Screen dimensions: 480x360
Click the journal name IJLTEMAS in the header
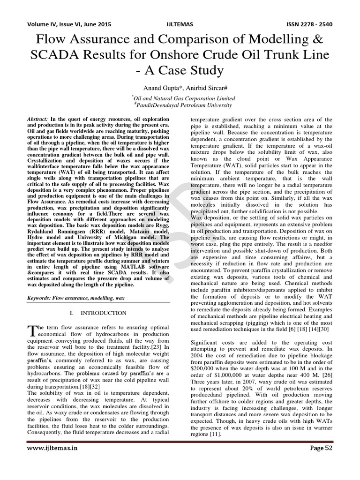point(180,24)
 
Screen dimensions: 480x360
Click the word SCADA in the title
point(54,56)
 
